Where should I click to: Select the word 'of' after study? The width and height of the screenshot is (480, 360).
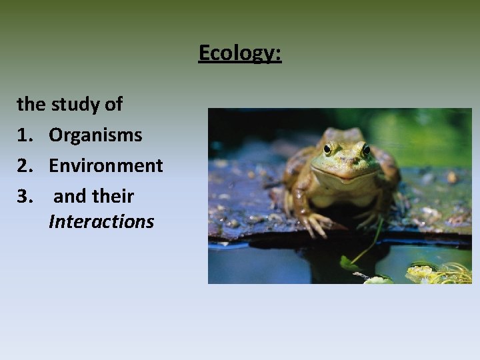click(113, 104)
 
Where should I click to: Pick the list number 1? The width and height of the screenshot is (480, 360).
click(25, 135)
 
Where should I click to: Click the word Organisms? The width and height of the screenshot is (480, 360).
click(95, 135)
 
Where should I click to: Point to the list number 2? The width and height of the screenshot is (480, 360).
click(25, 166)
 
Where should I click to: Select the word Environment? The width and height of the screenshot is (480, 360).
click(105, 166)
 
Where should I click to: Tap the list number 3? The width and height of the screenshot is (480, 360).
click(25, 197)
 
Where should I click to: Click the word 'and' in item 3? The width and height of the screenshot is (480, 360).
click(69, 197)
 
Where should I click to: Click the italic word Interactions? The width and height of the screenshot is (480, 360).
click(101, 221)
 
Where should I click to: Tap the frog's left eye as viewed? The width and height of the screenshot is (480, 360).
click(328, 148)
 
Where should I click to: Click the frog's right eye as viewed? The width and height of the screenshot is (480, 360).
click(365, 149)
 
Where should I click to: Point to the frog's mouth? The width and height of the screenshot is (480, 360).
click(347, 173)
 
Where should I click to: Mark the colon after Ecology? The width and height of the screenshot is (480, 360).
click(279, 53)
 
